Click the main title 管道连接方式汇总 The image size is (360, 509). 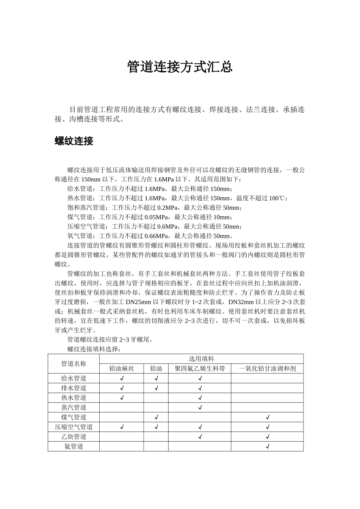[180, 67]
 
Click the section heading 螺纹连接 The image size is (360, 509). [74, 141]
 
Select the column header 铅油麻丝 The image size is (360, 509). [121, 368]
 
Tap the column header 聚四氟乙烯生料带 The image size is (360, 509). [200, 368]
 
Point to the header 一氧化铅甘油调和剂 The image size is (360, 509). [267, 368]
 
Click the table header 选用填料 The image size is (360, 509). [201, 359]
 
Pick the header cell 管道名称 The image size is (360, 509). [74, 364]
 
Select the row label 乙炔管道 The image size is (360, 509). [74, 437]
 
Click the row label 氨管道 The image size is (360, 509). [74, 447]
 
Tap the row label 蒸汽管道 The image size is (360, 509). [74, 408]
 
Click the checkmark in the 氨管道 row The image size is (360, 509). [268, 447]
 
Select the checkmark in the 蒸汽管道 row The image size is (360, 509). [200, 408]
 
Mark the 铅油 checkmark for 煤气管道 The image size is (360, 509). [156, 417]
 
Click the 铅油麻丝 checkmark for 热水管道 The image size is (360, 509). [122, 398]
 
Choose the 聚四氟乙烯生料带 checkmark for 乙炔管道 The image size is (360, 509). [200, 437]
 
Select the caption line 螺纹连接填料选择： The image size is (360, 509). [94, 349]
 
